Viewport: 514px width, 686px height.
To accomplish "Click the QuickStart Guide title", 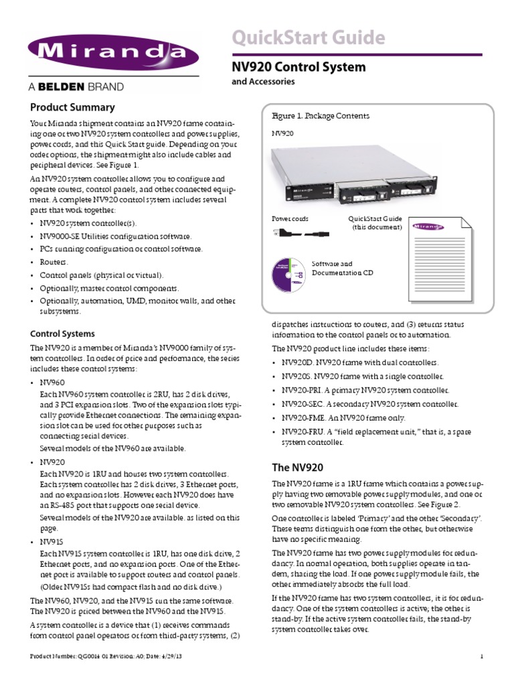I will (308, 37).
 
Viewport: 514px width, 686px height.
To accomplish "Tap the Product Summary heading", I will (72, 107).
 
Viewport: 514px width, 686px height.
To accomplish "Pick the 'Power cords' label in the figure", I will (290, 219).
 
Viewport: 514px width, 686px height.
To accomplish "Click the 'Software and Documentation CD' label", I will (343, 269).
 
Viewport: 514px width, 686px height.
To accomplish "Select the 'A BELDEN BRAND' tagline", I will (76, 86).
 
